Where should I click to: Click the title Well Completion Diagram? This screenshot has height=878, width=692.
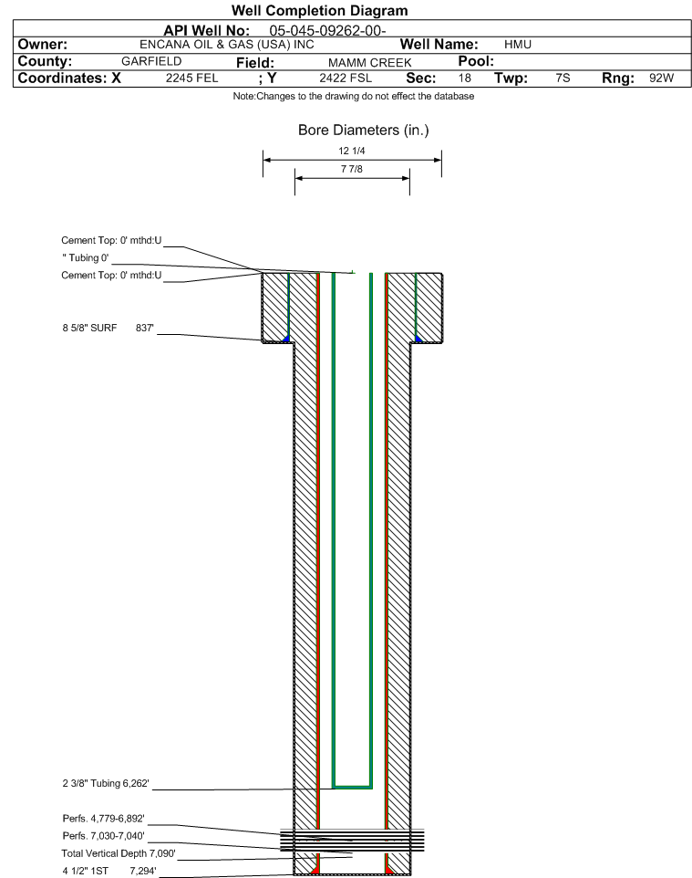coord(319,11)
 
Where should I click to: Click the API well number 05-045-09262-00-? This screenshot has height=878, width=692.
coord(328,31)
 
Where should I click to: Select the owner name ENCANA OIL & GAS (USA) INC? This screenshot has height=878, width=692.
coord(227,45)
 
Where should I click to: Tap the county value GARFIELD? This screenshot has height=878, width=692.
coord(151,61)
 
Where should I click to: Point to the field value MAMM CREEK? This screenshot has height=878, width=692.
coord(370,63)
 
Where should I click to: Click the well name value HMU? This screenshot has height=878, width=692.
coord(518,45)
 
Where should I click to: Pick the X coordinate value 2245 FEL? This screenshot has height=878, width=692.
coord(191,78)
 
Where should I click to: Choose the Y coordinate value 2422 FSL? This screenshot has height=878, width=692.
coord(346,78)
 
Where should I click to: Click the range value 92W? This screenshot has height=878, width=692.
coord(661,78)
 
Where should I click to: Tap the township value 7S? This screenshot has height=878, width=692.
coord(563,78)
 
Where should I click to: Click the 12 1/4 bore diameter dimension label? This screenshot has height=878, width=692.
coord(352,151)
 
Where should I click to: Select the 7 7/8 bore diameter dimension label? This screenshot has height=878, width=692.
coord(352,169)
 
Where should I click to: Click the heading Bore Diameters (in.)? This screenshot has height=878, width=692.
coord(364,131)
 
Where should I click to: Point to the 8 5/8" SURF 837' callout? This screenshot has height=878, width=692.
coord(108,329)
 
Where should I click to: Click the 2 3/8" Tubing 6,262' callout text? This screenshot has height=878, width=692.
coord(106,783)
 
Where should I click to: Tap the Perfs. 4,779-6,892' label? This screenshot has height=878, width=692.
coord(104,819)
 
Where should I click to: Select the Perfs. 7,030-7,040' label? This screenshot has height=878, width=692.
coord(104,836)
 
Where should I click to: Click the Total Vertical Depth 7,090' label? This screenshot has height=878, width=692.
coord(119,853)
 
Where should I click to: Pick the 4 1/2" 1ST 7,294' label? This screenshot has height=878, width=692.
coord(109,871)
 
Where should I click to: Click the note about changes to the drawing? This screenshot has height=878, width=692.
coord(354,97)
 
